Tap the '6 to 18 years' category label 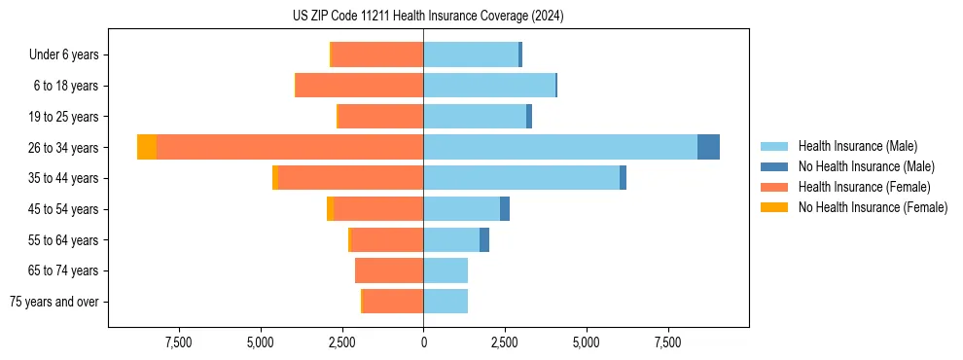(x=66, y=86)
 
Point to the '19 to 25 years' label (x=64, y=117)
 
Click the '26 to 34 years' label (x=64, y=148)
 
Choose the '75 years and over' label (x=54, y=302)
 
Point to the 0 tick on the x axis (x=423, y=342)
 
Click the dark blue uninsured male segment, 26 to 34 (x=708, y=147)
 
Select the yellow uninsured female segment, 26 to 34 (x=147, y=147)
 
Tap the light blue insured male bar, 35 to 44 (x=520, y=178)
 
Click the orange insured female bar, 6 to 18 (x=359, y=86)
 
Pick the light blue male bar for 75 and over (x=446, y=302)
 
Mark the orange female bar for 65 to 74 (x=389, y=270)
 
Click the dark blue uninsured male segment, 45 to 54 (x=505, y=209)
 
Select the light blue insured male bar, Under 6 (x=471, y=54)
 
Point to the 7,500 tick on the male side (x=667, y=342)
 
